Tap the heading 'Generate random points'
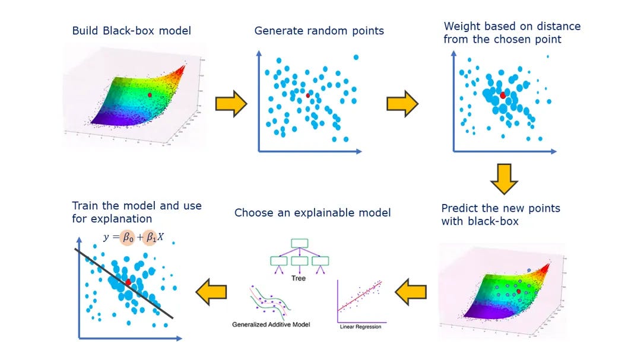click(x=319, y=30)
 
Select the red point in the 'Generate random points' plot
click(x=307, y=95)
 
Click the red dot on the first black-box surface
click(x=150, y=94)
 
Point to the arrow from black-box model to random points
click(x=230, y=104)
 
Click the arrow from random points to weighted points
click(x=402, y=104)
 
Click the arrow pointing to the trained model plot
click(x=211, y=291)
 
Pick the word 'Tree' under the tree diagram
click(x=299, y=278)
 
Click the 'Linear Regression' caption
click(x=360, y=326)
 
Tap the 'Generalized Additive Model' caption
click(x=271, y=324)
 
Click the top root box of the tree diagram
click(x=299, y=243)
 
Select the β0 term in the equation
click(x=126, y=238)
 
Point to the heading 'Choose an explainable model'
click(x=312, y=212)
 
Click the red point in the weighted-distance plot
click(x=503, y=95)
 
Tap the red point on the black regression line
click(x=128, y=282)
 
